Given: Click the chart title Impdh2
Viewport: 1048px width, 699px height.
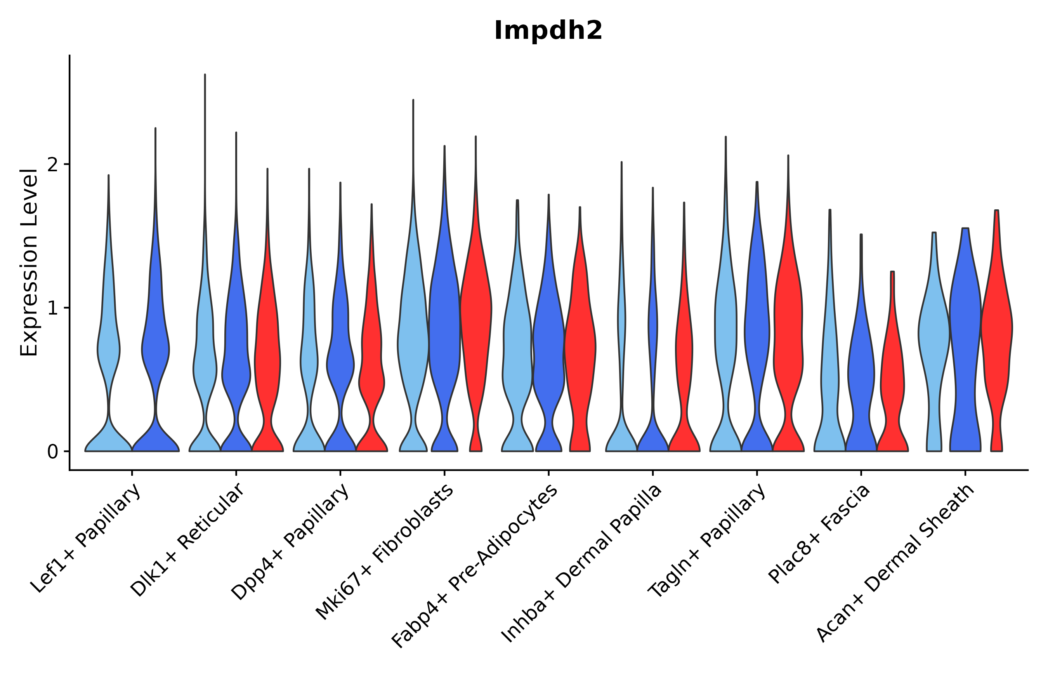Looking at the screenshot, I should click(548, 31).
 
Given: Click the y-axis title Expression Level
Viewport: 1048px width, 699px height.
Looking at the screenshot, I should click(29, 263).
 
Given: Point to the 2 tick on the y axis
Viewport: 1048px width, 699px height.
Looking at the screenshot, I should click(52, 165).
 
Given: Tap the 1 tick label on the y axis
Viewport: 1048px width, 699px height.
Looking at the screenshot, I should click(52, 308).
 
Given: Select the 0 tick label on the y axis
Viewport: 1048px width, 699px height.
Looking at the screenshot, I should click(52, 452).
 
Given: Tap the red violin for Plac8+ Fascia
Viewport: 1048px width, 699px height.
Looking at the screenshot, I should click(892, 379).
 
